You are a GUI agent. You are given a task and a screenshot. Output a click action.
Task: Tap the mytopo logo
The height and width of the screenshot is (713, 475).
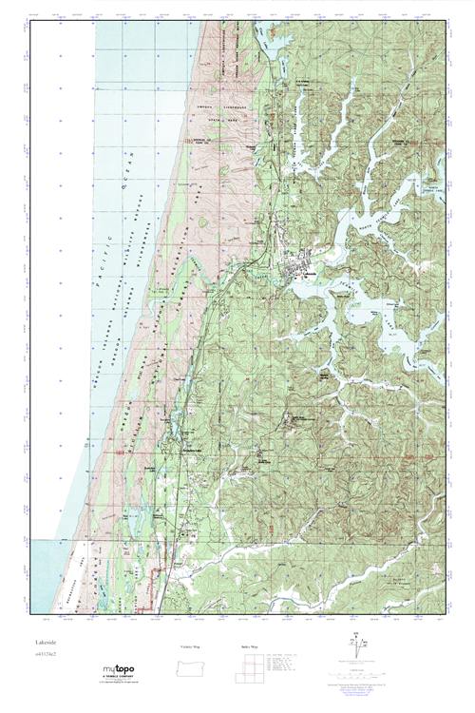tap(120, 672)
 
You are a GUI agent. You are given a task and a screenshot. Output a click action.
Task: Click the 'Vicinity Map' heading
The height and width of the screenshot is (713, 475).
tap(190, 646)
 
